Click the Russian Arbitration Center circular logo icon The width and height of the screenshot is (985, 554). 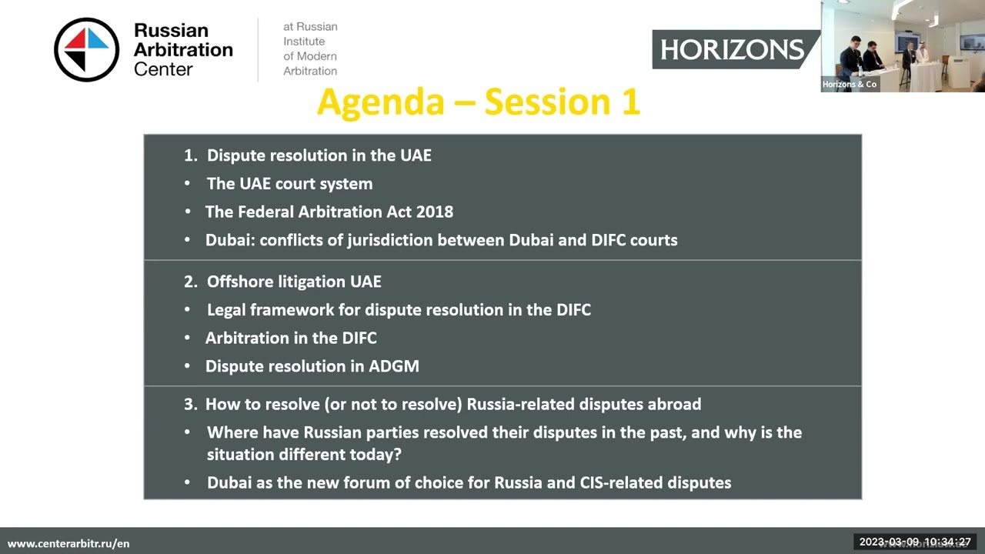tap(87, 49)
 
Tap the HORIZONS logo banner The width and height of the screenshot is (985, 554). tap(732, 50)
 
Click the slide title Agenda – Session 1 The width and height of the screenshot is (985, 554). tap(478, 102)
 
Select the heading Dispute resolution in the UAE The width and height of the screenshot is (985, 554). tap(319, 155)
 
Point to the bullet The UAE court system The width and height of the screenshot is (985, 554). tap(289, 184)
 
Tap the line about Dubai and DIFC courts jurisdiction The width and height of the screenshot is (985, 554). tap(441, 240)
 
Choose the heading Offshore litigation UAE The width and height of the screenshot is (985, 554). tap(293, 282)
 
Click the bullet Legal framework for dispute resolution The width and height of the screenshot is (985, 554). tap(399, 310)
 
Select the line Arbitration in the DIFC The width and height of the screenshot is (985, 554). tap(291, 338)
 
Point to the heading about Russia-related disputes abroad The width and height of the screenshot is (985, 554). tap(452, 404)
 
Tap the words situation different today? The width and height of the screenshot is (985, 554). tap(304, 455)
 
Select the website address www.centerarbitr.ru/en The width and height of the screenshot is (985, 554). tap(68, 543)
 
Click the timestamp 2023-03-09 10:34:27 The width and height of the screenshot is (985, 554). tap(915, 542)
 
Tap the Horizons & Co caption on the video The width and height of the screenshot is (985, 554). tap(850, 85)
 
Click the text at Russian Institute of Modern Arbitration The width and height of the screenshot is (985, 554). tap(310, 48)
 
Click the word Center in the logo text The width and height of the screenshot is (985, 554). tap(163, 69)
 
